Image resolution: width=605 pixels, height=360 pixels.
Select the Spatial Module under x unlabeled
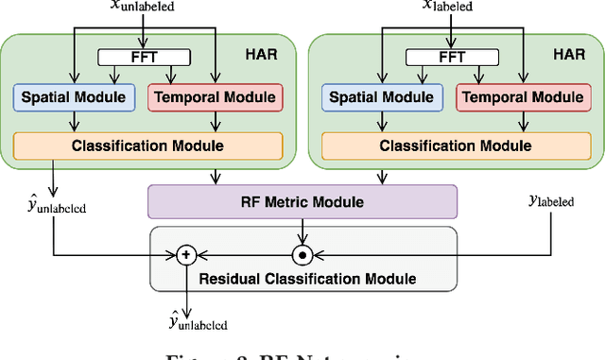pyautogui.click(x=74, y=96)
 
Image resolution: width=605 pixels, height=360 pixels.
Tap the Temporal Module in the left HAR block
pyautogui.click(x=216, y=96)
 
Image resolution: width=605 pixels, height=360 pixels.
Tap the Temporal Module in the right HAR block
pyautogui.click(x=525, y=96)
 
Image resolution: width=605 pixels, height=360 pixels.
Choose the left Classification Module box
pyautogui.click(x=147, y=146)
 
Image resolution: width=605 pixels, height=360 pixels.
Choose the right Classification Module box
pyautogui.click(x=456, y=146)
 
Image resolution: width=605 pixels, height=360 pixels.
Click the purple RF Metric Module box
pyautogui.click(x=302, y=200)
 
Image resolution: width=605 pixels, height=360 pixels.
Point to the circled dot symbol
pyautogui.click(x=302, y=254)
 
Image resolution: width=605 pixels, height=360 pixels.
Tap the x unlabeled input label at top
pyautogui.click(x=142, y=9)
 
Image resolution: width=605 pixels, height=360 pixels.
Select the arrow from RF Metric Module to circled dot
pyautogui.click(x=302, y=231)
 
